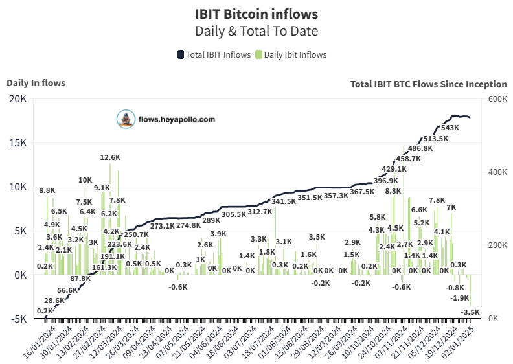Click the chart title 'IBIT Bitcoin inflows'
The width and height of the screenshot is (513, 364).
click(x=256, y=14)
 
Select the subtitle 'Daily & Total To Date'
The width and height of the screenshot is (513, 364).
click(x=256, y=30)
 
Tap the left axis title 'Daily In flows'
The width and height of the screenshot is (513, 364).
click(x=36, y=82)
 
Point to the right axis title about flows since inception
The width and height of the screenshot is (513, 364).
click(x=428, y=84)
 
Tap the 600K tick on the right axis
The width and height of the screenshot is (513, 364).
click(x=497, y=98)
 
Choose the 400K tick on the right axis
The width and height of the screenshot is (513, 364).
click(x=497, y=172)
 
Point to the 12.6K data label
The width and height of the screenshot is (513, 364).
click(x=110, y=157)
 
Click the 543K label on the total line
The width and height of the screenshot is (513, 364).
click(x=450, y=128)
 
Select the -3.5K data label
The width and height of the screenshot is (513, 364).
click(x=470, y=312)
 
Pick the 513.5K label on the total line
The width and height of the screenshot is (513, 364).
click(x=435, y=139)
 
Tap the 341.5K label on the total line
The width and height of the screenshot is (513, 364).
click(x=283, y=201)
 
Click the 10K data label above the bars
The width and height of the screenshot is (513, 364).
click(x=85, y=180)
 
